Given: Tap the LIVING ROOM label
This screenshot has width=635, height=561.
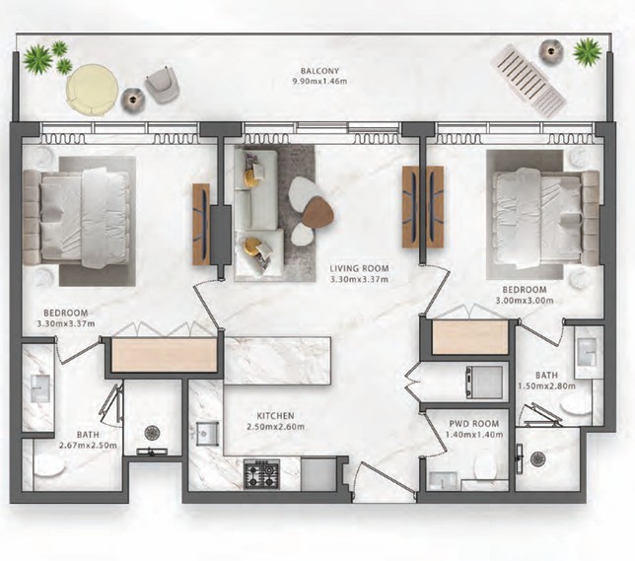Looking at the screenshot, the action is [359, 268].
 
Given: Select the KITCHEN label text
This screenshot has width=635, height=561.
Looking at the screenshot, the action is [275, 416].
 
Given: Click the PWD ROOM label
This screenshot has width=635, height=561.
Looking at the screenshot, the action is [474, 424].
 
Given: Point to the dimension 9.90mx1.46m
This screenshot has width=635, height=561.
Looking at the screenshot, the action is [319, 82].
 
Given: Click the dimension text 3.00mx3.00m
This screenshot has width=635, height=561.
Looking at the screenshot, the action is [525, 301].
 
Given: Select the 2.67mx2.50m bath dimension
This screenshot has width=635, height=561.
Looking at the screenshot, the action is [88, 446].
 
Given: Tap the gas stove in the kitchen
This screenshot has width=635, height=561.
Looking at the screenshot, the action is [261, 473].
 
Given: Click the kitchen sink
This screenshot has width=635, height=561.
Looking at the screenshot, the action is [207, 434].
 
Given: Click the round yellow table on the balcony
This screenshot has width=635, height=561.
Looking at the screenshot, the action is [93, 90].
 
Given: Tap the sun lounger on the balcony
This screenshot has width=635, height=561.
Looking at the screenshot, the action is [529, 81].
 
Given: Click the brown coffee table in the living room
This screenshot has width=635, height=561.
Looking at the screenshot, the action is [318, 211].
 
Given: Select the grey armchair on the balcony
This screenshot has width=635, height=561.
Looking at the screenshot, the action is [163, 83].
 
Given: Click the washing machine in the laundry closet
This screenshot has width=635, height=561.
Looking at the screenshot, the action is [484, 382].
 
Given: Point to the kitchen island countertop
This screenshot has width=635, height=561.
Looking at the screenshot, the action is [277, 361].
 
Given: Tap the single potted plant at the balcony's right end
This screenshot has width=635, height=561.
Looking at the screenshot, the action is [588, 51].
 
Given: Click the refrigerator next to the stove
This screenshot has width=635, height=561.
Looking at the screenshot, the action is [318, 473].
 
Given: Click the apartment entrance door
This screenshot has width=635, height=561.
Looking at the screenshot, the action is [385, 478].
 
